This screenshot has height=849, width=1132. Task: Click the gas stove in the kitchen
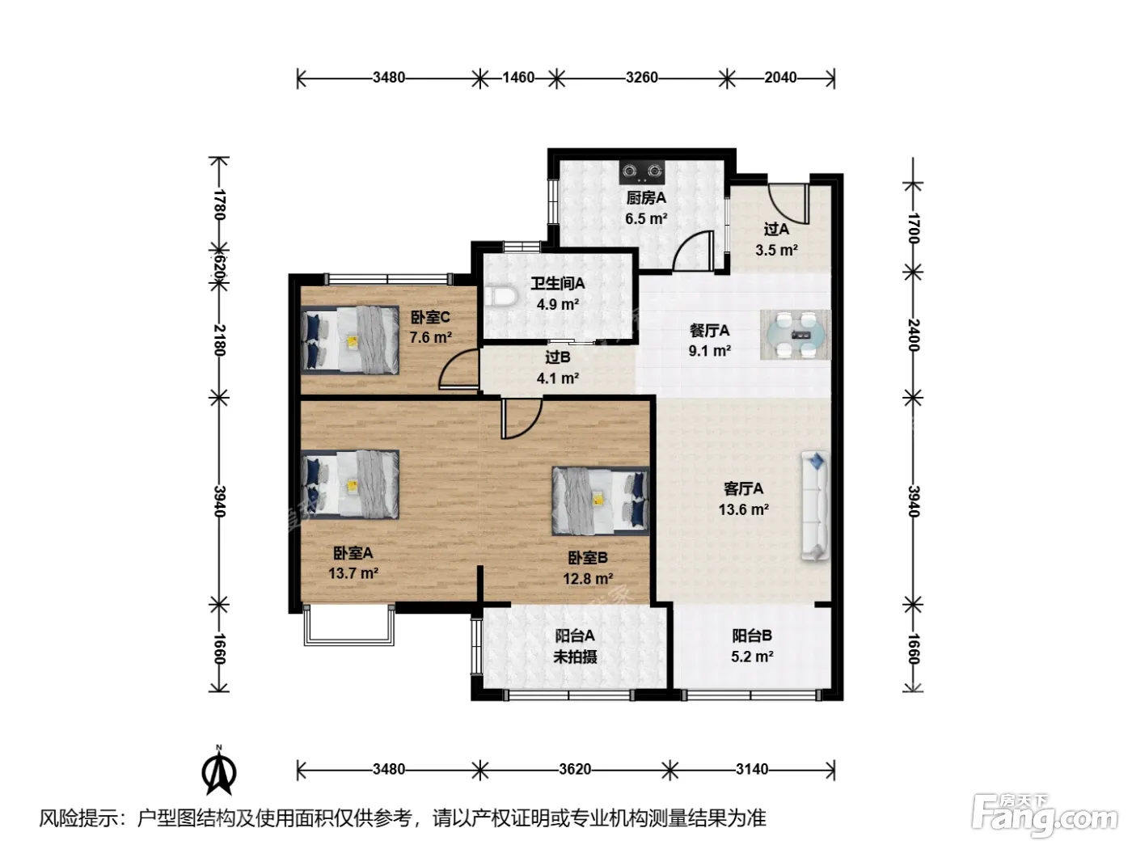tap(641, 171)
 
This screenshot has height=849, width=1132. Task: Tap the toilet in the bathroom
tap(501, 298)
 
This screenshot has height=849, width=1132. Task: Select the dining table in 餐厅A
tap(795, 335)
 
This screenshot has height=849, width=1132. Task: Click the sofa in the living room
tap(815, 505)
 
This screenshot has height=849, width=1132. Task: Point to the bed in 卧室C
tap(350, 340)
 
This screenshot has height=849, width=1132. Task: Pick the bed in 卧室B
tap(600, 501)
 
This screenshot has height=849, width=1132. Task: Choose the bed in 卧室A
tap(350, 484)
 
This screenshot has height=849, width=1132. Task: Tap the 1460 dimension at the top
tap(518, 78)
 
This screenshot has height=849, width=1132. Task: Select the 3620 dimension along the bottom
tap(575, 770)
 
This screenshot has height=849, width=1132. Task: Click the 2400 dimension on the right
tap(914, 335)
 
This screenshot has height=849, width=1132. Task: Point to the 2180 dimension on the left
tap(219, 340)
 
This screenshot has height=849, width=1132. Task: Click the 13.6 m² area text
tap(743, 510)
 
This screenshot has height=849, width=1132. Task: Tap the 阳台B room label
tap(751, 636)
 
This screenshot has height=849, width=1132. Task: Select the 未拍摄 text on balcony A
tap(575, 657)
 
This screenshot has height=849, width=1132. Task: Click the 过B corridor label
tap(557, 357)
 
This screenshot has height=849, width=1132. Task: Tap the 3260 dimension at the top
tap(641, 78)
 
